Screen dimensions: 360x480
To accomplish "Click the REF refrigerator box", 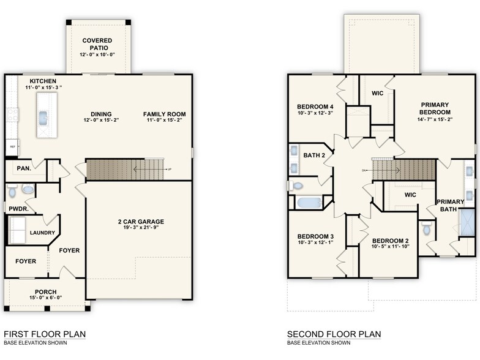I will coord(12,148).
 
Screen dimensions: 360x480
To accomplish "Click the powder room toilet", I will coord(27,190).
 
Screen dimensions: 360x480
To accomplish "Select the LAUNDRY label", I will coord(42,233).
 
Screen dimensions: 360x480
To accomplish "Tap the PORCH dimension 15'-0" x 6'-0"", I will coord(45,298).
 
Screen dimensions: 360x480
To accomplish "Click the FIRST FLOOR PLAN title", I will coord(45,334).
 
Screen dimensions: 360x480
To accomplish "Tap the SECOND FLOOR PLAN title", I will coord(334,334).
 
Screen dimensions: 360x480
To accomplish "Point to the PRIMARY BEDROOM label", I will coord(435,108).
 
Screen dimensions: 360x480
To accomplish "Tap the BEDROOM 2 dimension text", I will coord(390,247).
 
